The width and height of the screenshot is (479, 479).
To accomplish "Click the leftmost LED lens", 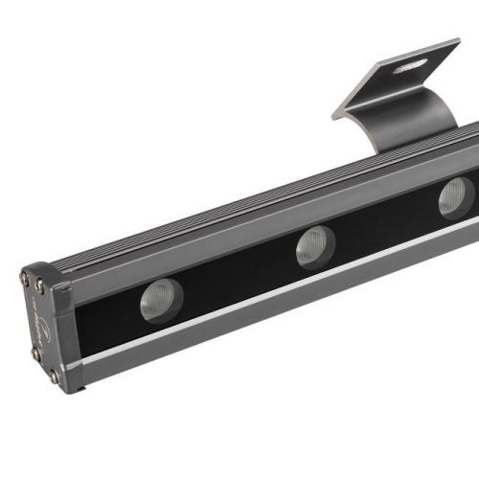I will (x=162, y=300).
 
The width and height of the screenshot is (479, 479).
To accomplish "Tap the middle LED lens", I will (x=312, y=245).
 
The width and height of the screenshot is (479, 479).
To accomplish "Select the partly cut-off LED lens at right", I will (x=456, y=197).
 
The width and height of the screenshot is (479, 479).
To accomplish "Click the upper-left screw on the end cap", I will (x=24, y=279).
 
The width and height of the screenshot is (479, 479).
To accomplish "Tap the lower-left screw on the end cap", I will (x=35, y=354).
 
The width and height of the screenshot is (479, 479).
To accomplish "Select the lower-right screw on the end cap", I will (x=54, y=376).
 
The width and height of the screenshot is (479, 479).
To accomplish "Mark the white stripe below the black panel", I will (x=287, y=296).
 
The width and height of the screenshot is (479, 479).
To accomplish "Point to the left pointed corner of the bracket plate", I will (x=335, y=116).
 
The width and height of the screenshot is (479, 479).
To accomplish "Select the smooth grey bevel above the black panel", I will (x=239, y=231).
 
